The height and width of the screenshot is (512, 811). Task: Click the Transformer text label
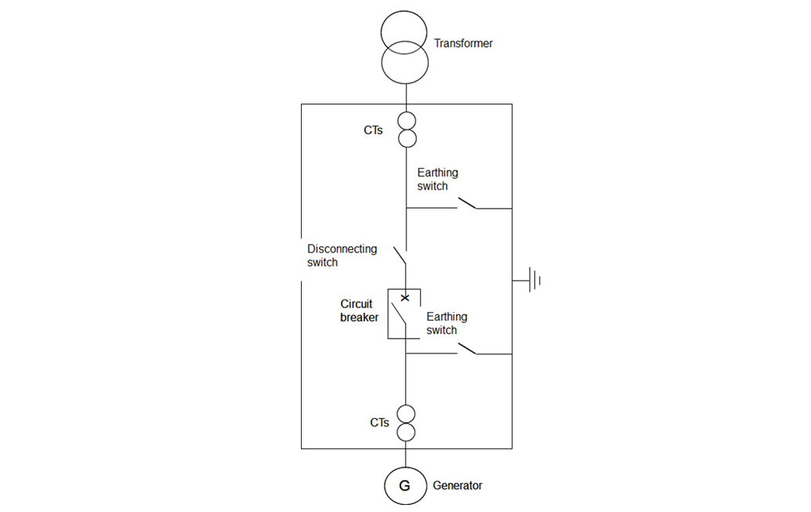pyautogui.click(x=463, y=44)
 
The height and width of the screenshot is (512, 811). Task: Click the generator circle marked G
pyautogui.click(x=405, y=486)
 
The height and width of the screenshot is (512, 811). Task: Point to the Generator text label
pyautogui.click(x=458, y=486)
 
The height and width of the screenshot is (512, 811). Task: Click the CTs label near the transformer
pyautogui.click(x=373, y=130)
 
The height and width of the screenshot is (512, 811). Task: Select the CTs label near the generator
pyautogui.click(x=379, y=423)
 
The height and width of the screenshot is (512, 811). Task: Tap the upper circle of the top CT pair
pyautogui.click(x=406, y=122)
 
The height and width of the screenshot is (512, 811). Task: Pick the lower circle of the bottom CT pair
pyautogui.click(x=406, y=432)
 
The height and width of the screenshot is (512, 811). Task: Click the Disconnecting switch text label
pyautogui.click(x=342, y=256)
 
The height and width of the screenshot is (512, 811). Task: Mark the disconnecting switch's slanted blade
pyautogui.click(x=400, y=256)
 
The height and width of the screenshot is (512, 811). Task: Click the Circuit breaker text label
pyautogui.click(x=360, y=310)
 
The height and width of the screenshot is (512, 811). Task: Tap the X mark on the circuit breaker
pyautogui.click(x=405, y=298)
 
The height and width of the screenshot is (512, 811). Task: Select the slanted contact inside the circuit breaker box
pyautogui.click(x=399, y=315)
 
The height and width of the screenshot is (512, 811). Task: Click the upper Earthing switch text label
pyautogui.click(x=437, y=180)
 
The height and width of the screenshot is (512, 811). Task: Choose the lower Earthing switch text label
pyautogui.click(x=447, y=324)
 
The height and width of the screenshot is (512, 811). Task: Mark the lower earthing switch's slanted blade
pyautogui.click(x=466, y=348)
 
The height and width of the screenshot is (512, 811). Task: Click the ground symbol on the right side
pyautogui.click(x=534, y=279)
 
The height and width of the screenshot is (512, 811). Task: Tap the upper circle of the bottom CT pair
pyautogui.click(x=406, y=414)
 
